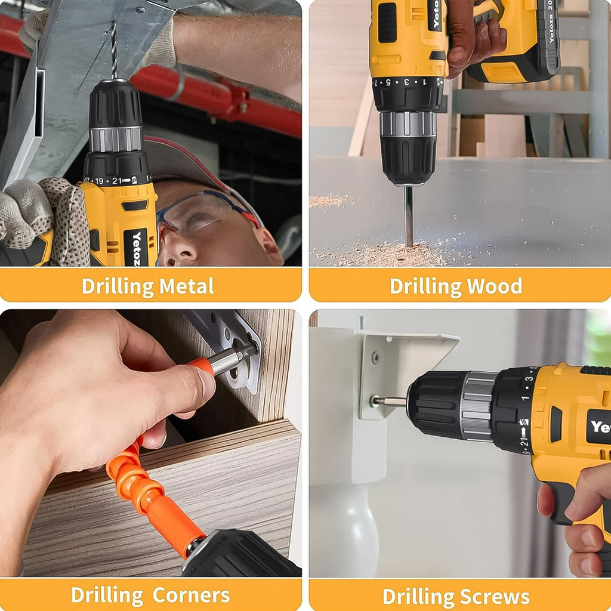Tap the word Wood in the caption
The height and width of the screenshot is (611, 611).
click(494, 286)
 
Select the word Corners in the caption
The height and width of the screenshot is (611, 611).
click(190, 595)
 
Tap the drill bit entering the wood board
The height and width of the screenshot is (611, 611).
click(408, 215)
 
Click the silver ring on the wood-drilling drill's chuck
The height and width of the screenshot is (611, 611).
click(408, 124)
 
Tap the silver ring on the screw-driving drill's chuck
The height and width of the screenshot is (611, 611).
click(477, 406)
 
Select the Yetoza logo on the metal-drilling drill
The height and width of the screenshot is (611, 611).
click(138, 248)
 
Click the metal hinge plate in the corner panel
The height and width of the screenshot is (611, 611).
click(233, 346)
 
